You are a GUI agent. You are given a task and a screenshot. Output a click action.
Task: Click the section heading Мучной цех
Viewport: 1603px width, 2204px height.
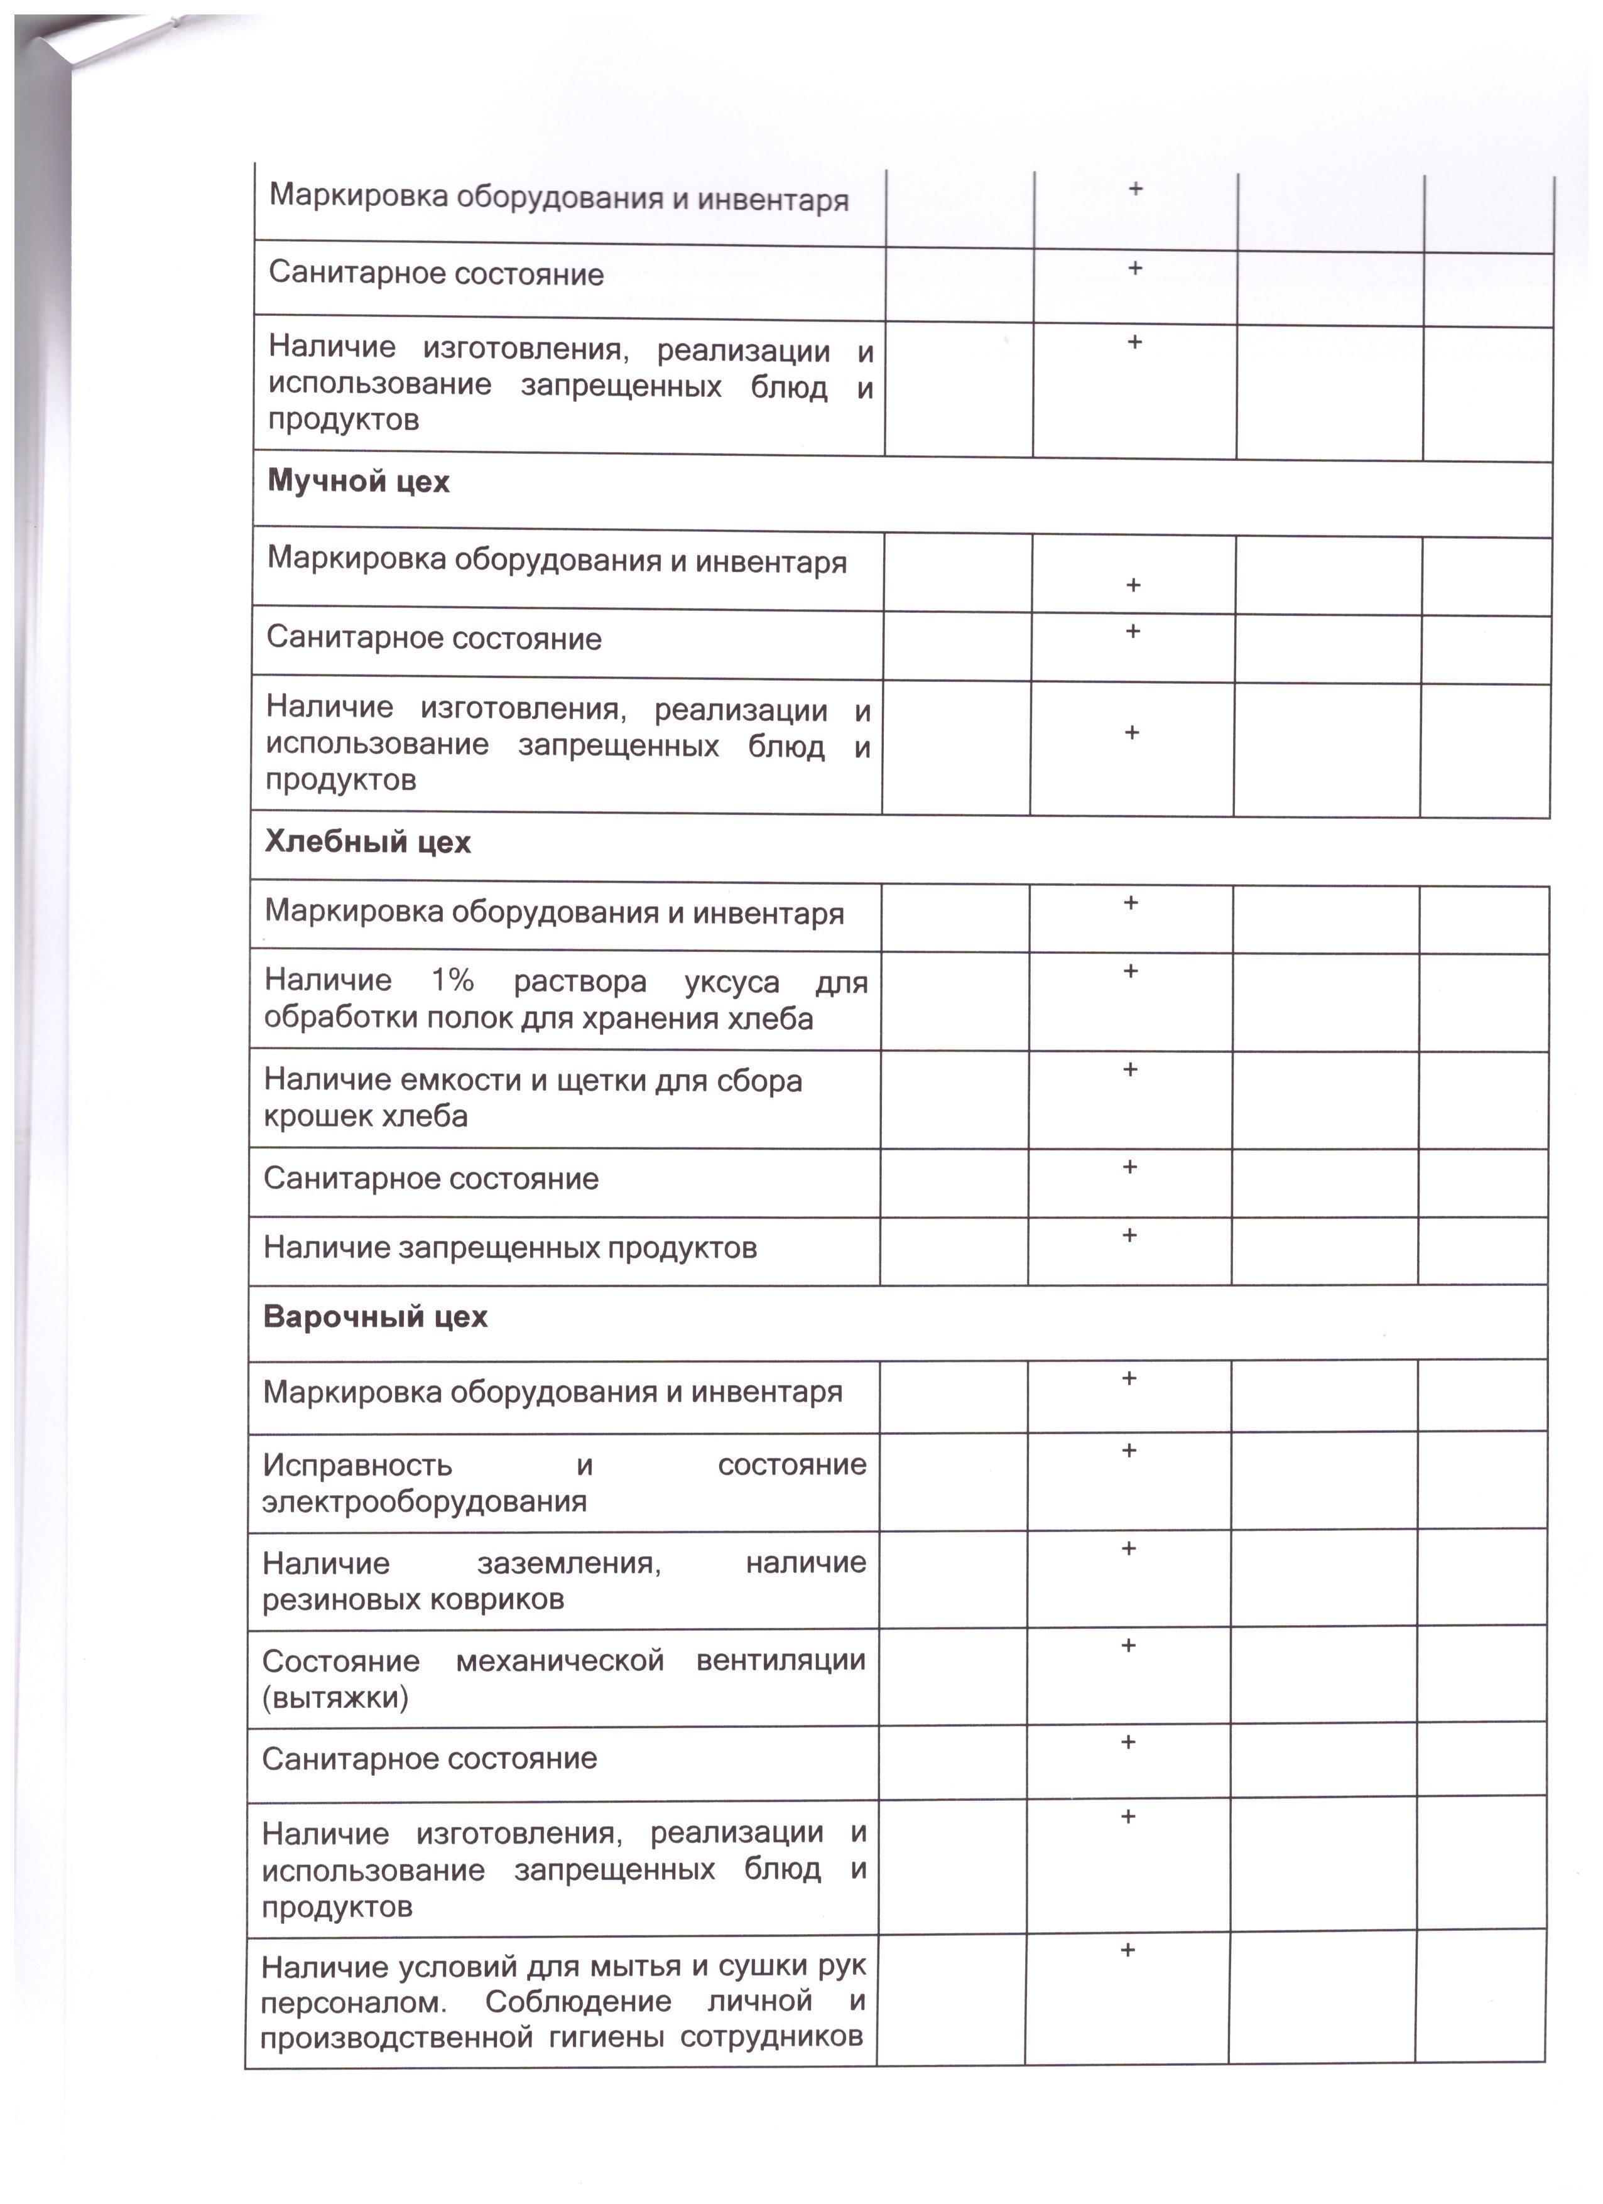coord(358,482)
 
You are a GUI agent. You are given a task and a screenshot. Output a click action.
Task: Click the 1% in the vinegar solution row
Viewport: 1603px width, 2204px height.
coord(452,981)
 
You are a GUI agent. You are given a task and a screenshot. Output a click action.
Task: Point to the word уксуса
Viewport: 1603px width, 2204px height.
coord(732,983)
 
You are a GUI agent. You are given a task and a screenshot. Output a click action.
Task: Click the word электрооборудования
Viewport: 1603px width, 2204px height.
coord(424,1501)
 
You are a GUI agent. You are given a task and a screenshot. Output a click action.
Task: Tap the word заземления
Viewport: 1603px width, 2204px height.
coord(568,1564)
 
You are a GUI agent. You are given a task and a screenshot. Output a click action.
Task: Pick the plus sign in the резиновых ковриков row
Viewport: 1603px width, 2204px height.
coord(1129,1548)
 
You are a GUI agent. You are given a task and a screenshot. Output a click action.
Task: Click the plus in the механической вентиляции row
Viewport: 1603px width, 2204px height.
coord(1129,1645)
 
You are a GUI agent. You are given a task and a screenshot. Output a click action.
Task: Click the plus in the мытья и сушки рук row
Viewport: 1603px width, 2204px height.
coord(1128,1950)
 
